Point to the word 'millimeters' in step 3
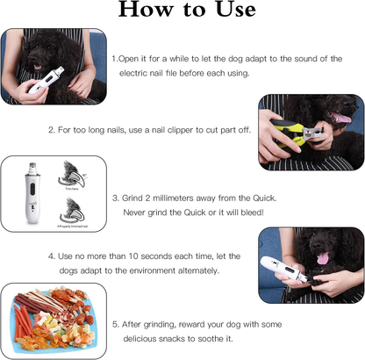[x=182, y=198]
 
